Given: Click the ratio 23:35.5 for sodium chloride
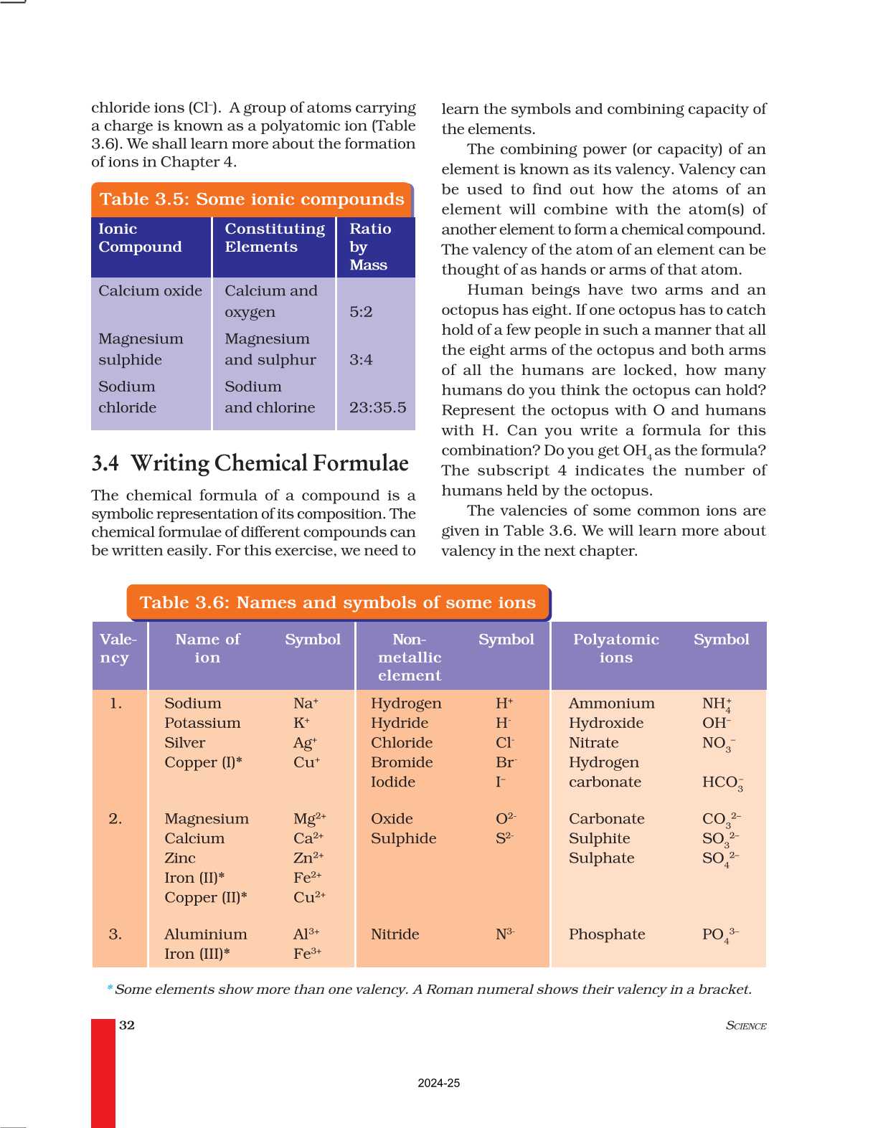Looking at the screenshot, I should (x=377, y=407).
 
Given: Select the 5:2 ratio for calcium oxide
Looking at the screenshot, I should (x=361, y=312).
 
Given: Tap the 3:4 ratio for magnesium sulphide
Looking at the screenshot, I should (x=361, y=360).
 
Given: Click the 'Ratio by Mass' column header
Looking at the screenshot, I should (x=370, y=247).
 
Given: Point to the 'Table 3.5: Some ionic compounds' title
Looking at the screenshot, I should (x=252, y=199).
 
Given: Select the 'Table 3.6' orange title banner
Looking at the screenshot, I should (x=337, y=602).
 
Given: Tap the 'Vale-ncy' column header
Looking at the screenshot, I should (x=118, y=648).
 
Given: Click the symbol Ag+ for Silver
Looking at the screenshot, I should (x=305, y=743).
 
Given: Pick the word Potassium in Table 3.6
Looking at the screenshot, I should (x=202, y=723).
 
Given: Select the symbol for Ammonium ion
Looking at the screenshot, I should (x=717, y=704).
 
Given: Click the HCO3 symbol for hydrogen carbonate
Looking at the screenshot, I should (x=722, y=782).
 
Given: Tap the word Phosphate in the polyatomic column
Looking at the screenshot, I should (x=607, y=934).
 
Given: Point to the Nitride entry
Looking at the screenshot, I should (x=395, y=934).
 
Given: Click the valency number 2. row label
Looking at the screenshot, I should (x=115, y=819).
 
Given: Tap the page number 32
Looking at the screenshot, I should (x=127, y=1025).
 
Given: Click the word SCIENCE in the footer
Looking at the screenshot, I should (x=746, y=1025).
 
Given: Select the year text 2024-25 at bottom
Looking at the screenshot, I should (x=439, y=1083).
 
